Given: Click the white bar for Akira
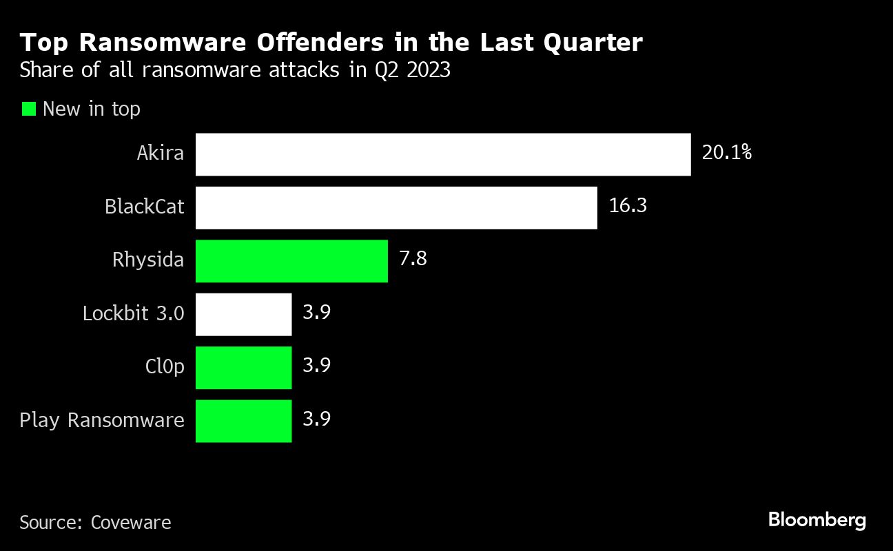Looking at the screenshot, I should point(443,154).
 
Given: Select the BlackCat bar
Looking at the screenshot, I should point(396,207).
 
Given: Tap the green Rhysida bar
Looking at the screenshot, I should point(291,260).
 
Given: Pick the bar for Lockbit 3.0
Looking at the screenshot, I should point(243,314).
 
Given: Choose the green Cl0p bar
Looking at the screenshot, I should point(243,367).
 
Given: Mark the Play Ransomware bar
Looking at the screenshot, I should point(243,421).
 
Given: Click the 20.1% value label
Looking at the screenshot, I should point(726,152).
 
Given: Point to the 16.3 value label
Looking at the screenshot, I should point(628,205).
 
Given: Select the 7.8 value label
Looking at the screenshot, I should point(413,259).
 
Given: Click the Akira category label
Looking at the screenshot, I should point(161,153).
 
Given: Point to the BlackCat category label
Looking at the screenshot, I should point(145,206).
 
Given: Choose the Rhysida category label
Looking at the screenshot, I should point(148,260).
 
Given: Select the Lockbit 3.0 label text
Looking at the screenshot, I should point(133,313).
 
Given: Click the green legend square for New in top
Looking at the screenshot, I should point(28,109).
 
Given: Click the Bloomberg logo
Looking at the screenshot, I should point(817,521).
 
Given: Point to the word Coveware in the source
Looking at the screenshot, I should point(131,523).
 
